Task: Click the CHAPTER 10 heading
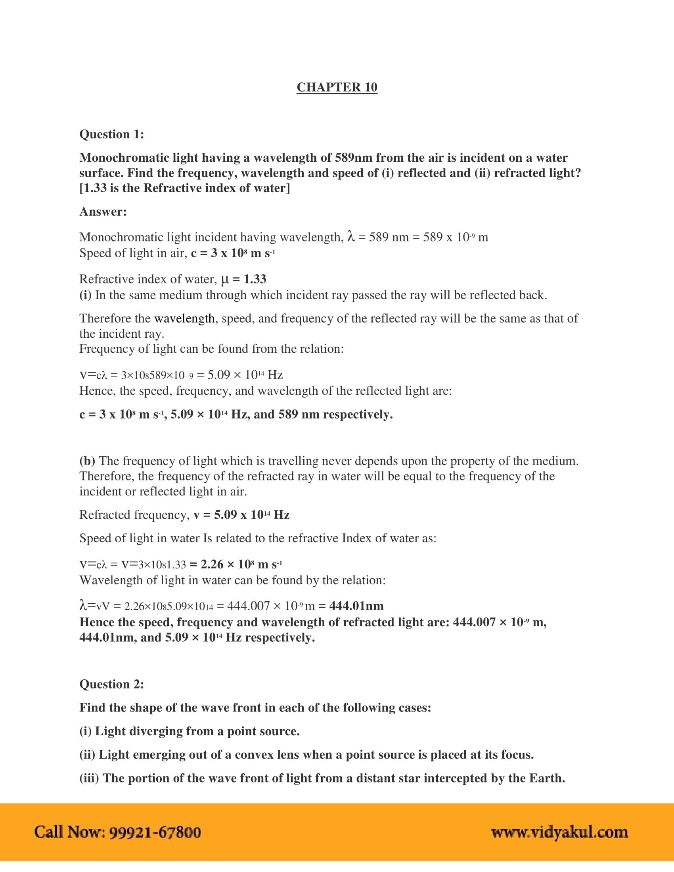[x=337, y=87]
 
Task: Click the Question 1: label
[x=111, y=134]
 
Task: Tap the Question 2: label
[x=111, y=684]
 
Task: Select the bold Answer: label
[x=103, y=211]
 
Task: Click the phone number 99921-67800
[x=155, y=832]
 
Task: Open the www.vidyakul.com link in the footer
[x=559, y=832]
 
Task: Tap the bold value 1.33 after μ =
[x=255, y=279]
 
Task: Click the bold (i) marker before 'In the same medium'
[x=85, y=295]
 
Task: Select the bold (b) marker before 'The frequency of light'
[x=87, y=461]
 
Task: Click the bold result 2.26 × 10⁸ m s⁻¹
[x=241, y=564]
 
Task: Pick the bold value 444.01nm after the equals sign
[x=356, y=606]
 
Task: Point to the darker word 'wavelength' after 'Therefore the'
[x=184, y=318]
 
